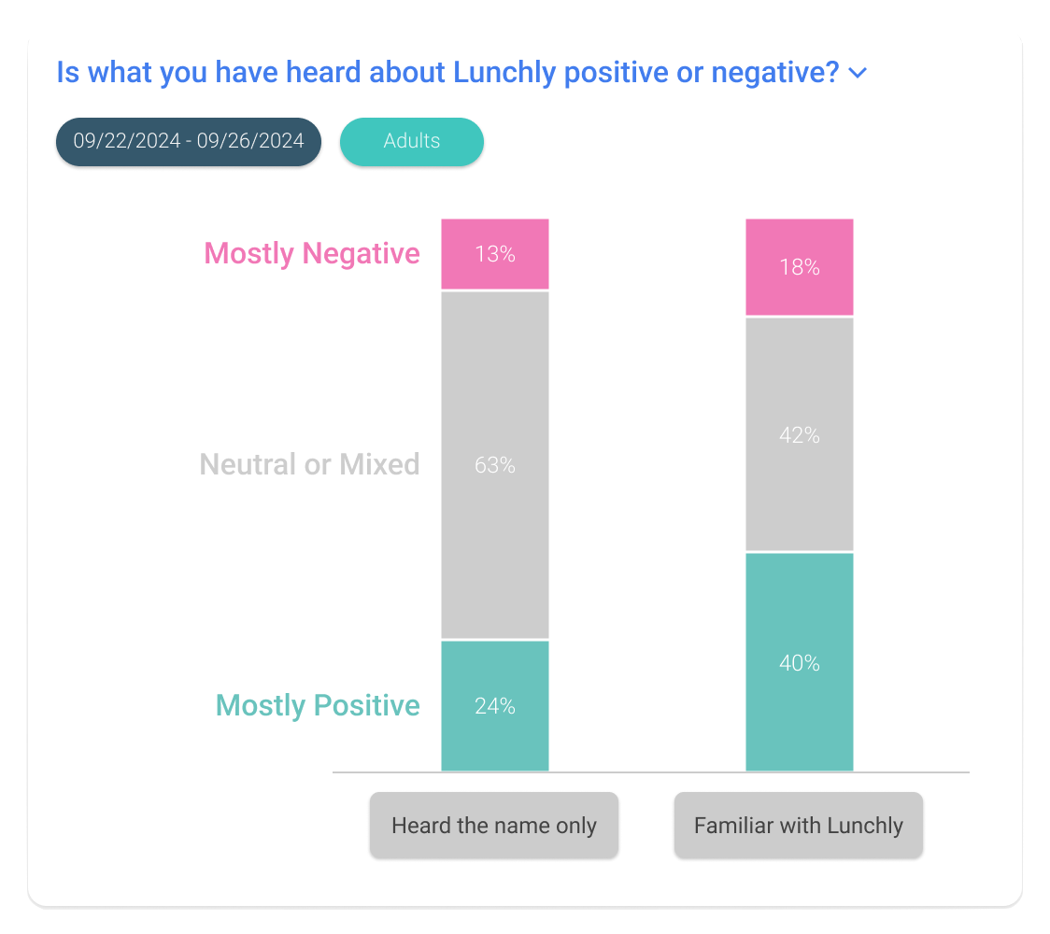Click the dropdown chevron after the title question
[x=858, y=74]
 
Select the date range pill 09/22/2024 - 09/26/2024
[x=189, y=141]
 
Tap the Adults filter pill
[x=411, y=141]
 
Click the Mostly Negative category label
[x=311, y=253]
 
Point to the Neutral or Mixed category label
[x=309, y=464]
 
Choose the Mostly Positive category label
[x=318, y=705]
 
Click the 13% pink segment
[x=495, y=254]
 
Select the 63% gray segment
[x=495, y=464]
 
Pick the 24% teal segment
[x=495, y=706]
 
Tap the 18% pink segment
[x=799, y=267]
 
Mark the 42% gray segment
[x=799, y=435]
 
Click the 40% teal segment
[x=799, y=663]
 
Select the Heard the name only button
[x=493, y=826]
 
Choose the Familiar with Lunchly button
[x=799, y=826]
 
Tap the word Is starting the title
[x=67, y=73]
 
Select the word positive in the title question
[x=617, y=73]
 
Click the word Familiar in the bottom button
[x=730, y=826]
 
